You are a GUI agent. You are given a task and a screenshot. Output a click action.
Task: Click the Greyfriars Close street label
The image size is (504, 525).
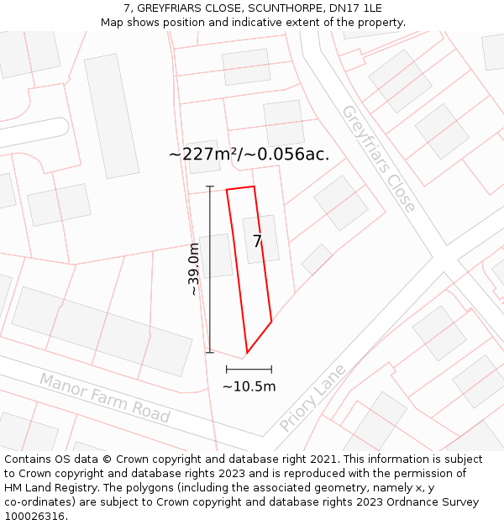click(x=378, y=158)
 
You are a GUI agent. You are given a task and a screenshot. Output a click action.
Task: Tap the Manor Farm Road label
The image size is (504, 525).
click(x=105, y=397)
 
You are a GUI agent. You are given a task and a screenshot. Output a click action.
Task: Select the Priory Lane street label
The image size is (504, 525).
click(x=312, y=397)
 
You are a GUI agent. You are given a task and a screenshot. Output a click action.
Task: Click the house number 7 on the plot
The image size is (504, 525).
click(x=257, y=241)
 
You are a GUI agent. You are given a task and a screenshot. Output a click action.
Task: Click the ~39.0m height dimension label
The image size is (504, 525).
click(x=194, y=269)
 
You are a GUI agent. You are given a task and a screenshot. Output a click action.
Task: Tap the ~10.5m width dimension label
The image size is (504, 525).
click(x=249, y=386)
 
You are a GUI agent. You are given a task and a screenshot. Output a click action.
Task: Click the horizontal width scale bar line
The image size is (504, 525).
click(x=249, y=369)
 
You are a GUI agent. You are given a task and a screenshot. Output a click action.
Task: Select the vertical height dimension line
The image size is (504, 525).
click(x=210, y=269)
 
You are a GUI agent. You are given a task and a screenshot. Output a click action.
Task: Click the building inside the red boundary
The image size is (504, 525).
click(x=260, y=239)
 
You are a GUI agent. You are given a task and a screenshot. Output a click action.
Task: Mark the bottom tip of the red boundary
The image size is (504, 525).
click(x=246, y=353)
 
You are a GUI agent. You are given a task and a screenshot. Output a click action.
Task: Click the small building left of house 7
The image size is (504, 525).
click(x=216, y=256)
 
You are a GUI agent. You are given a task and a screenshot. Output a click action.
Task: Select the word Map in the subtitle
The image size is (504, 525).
click(x=113, y=22)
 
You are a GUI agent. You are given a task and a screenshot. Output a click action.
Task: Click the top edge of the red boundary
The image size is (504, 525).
click(x=240, y=188)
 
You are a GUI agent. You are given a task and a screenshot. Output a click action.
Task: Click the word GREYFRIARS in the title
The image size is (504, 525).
click(x=172, y=8)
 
